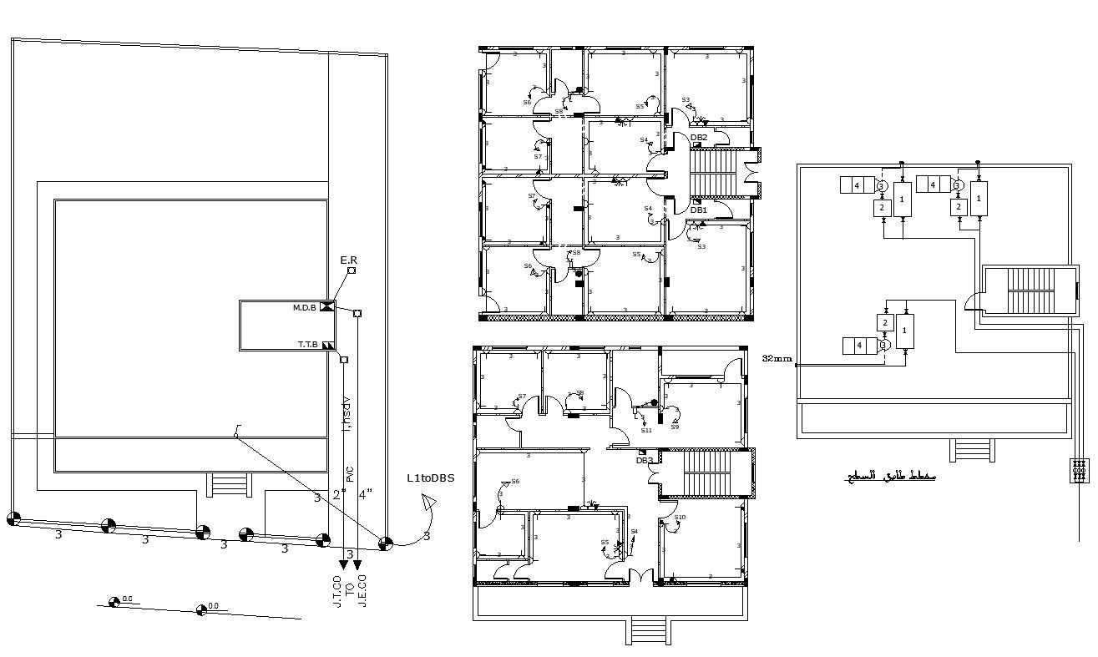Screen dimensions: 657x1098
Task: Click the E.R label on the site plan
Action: (x=348, y=260)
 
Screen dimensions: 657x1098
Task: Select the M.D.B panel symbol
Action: (x=327, y=308)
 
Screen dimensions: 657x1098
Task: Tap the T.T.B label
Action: (x=309, y=344)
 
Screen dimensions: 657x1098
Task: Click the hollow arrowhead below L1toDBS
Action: (x=429, y=503)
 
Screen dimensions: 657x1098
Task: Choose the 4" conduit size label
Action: (x=364, y=494)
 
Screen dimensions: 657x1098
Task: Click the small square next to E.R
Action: (x=352, y=270)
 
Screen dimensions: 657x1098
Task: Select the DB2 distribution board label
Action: (x=699, y=137)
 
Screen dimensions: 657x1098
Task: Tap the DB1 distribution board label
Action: (x=699, y=210)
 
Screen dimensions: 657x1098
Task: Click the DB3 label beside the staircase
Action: (x=645, y=460)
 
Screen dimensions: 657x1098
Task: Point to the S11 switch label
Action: (x=646, y=430)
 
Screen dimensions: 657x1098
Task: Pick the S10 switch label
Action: (x=680, y=518)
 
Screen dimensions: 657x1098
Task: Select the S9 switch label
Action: (x=675, y=427)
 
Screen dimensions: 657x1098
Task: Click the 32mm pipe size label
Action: (x=777, y=358)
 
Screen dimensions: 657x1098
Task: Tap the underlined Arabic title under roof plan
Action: (x=889, y=478)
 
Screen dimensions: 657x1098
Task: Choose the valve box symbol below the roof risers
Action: (x=1080, y=470)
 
